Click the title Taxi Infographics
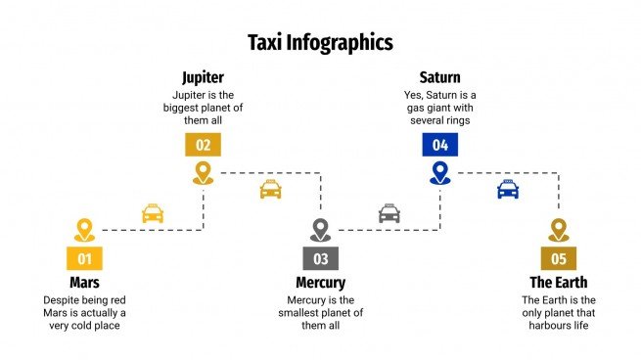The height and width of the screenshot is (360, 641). (320, 42)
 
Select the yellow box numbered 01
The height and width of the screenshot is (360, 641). (84, 258)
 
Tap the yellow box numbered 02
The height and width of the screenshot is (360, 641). (203, 145)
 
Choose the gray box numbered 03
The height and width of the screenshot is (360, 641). (320, 258)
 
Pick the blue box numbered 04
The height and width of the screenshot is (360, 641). (439, 145)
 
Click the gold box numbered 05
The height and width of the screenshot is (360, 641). (558, 258)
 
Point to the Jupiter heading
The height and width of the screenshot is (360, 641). (203, 76)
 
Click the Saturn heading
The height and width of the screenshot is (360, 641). (439, 76)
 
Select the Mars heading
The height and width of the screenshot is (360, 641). (84, 282)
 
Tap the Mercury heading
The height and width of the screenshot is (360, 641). (320, 282)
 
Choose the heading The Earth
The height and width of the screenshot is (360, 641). (558, 282)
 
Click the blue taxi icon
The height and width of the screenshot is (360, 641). (508, 189)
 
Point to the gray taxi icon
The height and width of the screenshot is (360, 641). (389, 212)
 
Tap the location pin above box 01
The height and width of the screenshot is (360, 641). (84, 230)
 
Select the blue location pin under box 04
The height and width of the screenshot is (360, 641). (439, 173)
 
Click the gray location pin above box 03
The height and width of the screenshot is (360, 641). (320, 230)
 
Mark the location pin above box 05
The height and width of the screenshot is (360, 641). (558, 230)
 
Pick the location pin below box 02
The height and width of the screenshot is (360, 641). (203, 173)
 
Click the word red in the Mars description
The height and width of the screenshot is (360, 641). (116, 299)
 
